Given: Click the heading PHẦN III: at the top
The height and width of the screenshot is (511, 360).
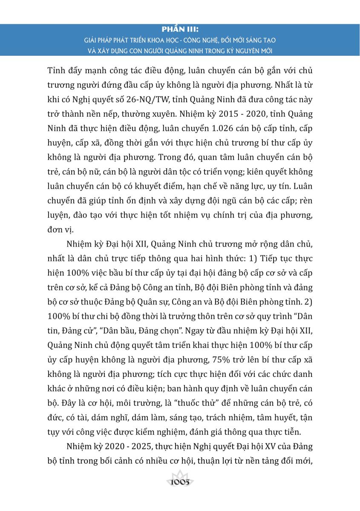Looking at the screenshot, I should click(x=180, y=30).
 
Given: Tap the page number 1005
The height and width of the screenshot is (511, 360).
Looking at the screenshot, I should click(x=180, y=483).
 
